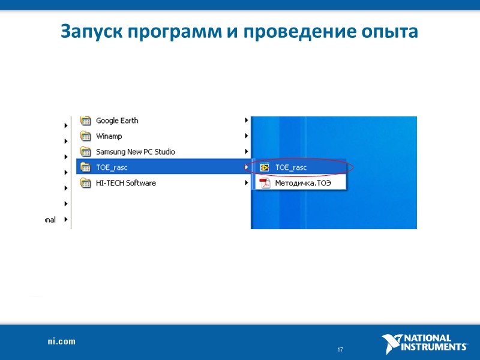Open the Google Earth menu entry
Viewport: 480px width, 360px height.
click(x=117, y=121)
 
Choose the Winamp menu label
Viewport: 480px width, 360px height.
click(x=109, y=136)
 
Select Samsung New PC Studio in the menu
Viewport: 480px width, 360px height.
click(x=136, y=152)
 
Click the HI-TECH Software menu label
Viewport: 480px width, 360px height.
click(x=126, y=183)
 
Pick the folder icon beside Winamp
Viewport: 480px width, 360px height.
click(x=85, y=136)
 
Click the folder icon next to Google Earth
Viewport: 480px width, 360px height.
click(x=85, y=121)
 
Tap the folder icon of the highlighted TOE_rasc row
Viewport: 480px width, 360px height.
click(x=85, y=167)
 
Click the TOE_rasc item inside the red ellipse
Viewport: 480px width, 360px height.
click(x=291, y=167)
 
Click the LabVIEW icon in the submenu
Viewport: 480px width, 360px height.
click(x=265, y=167)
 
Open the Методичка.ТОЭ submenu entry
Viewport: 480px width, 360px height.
click(x=303, y=183)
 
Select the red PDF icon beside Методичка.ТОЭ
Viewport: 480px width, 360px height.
click(x=265, y=183)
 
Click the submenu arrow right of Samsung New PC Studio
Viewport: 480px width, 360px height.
click(x=247, y=152)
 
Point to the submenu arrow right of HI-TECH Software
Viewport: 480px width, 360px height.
click(x=247, y=183)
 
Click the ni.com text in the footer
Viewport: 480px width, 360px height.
click(x=62, y=341)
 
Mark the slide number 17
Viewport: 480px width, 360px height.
click(x=340, y=350)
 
